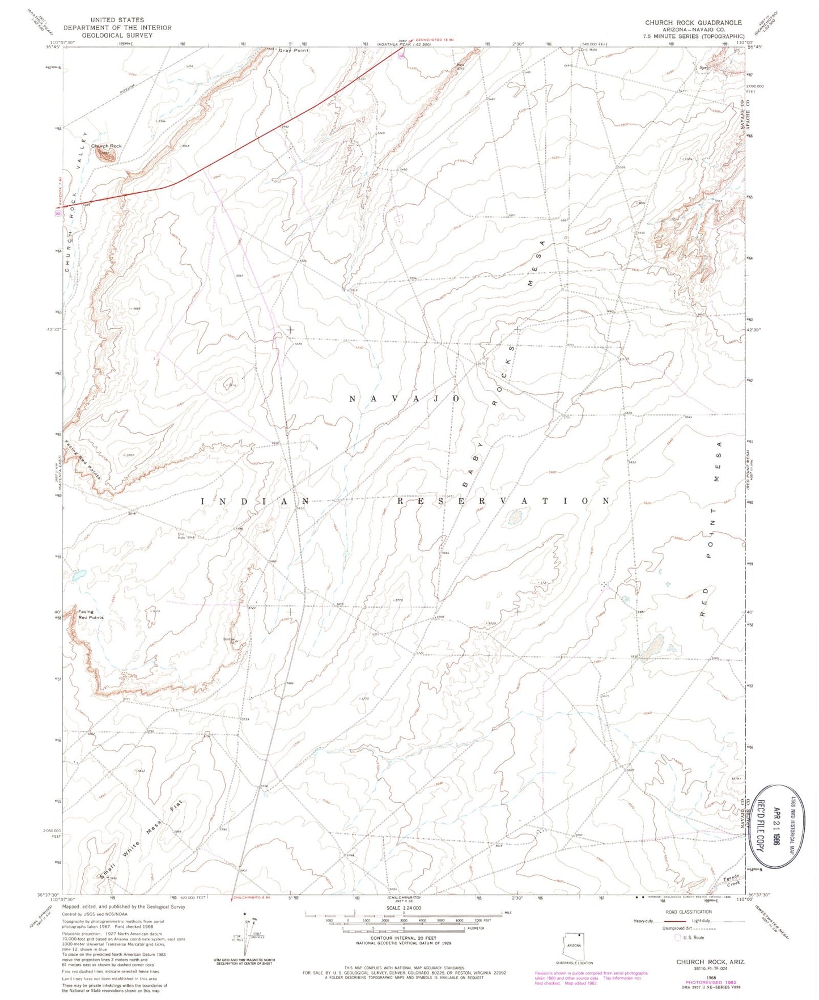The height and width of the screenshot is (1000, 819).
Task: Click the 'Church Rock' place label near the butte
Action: [x=107, y=146]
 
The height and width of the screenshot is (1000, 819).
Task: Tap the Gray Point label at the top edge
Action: [x=293, y=50]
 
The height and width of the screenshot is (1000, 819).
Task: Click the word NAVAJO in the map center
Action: [x=404, y=399]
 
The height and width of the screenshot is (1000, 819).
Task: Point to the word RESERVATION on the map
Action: [x=503, y=501]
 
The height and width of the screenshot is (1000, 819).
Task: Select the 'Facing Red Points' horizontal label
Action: [x=87, y=615]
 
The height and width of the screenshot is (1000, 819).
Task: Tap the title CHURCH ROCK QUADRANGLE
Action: [x=693, y=23]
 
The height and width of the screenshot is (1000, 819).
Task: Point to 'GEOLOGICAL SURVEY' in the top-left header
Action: [x=117, y=35]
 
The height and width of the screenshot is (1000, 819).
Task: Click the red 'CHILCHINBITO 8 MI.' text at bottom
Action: [x=253, y=897]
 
